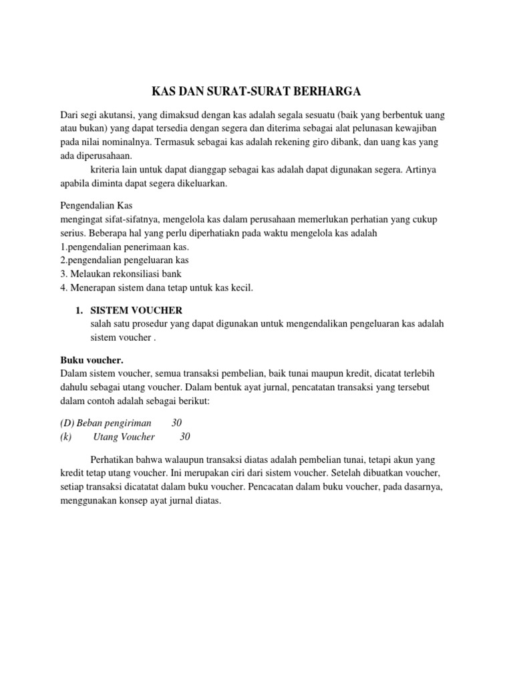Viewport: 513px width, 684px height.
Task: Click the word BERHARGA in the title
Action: pos(323,91)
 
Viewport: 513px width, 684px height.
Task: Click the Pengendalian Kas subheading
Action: pos(101,206)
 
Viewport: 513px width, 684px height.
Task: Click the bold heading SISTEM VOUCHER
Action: pos(136,311)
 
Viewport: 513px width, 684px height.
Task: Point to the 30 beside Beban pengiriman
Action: pos(176,423)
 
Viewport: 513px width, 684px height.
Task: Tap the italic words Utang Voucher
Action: pos(124,436)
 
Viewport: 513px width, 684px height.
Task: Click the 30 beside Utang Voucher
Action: pos(185,436)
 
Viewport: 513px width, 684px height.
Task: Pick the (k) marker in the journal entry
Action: pos(65,436)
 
